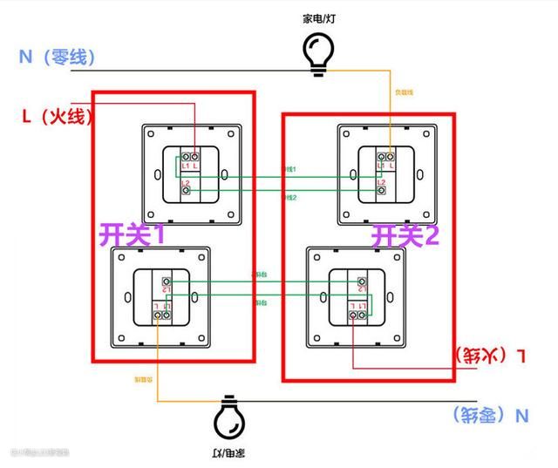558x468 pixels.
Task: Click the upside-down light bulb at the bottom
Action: [228, 420]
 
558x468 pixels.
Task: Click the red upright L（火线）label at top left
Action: [58, 114]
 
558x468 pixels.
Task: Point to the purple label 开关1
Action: [131, 234]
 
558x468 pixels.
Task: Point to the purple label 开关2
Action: [406, 234]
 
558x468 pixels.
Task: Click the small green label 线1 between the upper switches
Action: [289, 168]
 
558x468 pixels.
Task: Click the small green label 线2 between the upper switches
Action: [289, 199]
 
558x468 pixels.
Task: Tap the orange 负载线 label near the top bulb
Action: [404, 91]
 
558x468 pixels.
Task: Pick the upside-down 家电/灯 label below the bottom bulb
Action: [228, 454]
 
